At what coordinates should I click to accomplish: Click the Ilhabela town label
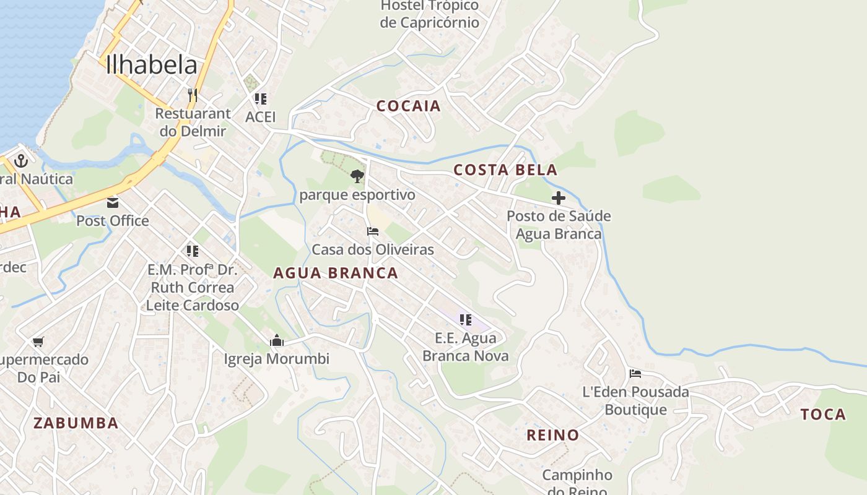[x=152, y=65]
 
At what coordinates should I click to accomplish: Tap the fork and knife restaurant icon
[x=193, y=95]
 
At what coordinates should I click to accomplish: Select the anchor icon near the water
[x=22, y=161]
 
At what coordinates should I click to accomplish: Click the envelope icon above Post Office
[x=113, y=202]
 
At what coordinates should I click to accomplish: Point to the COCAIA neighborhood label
[x=409, y=106]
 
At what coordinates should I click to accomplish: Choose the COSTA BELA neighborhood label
[x=505, y=170]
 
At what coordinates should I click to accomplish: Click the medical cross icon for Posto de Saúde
[x=559, y=198]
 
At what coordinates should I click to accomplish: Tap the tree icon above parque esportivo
[x=357, y=176]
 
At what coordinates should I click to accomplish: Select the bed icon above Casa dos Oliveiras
[x=372, y=231]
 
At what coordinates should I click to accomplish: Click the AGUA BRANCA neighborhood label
[x=336, y=273]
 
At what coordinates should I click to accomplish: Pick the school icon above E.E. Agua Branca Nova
[x=465, y=319]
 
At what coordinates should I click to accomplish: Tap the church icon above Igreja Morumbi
[x=276, y=340]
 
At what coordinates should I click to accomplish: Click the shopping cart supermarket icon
[x=38, y=342]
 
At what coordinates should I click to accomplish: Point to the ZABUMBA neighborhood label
[x=76, y=423]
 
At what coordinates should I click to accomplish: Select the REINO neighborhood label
[x=552, y=435]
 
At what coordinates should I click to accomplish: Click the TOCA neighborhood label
[x=823, y=415]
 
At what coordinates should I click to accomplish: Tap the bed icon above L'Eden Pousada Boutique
[x=635, y=374]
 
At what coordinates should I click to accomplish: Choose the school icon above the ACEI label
[x=260, y=98]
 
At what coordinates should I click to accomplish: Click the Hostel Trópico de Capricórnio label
[x=430, y=14]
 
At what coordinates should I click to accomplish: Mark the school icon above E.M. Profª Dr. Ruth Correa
[x=193, y=251]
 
